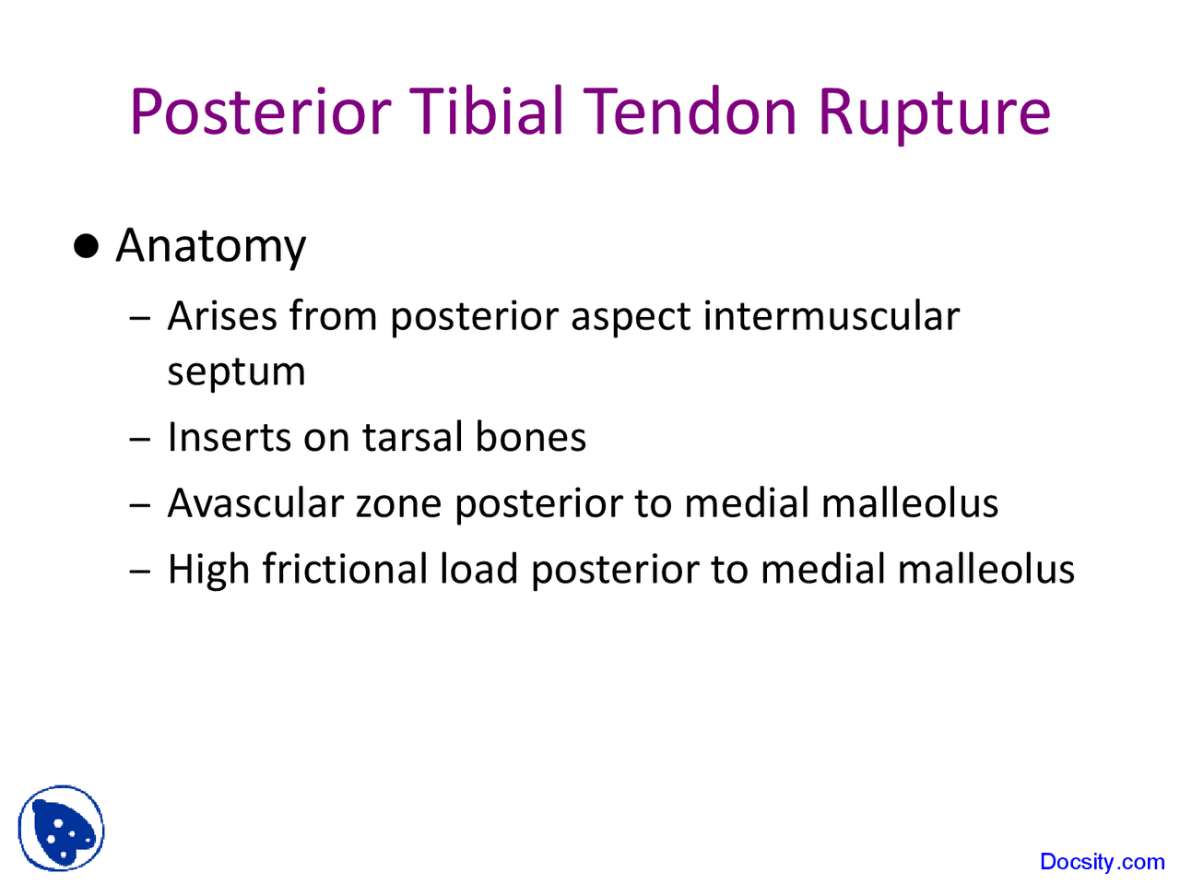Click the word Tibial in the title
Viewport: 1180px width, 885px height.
tap(486, 112)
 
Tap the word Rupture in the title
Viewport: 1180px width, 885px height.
tap(934, 112)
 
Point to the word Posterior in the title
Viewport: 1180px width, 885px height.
tap(261, 112)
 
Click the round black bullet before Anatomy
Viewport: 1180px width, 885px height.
tap(86, 246)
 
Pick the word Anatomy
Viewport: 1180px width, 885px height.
tap(210, 247)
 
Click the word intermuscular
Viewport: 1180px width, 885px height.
tap(831, 316)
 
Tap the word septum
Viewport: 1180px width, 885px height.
tap(236, 372)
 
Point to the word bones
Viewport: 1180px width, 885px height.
tap(531, 437)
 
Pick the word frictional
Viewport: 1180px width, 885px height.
tap(345, 569)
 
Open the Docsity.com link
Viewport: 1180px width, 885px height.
tap(1102, 862)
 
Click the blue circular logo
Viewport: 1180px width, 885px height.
tap(61, 829)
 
